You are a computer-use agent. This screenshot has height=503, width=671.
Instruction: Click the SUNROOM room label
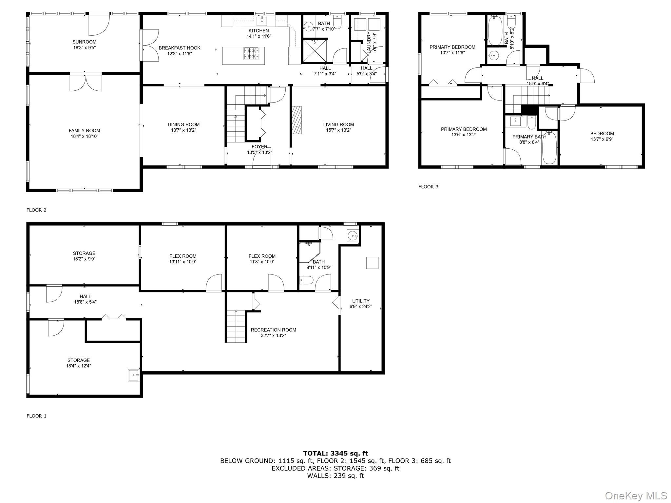click(84, 42)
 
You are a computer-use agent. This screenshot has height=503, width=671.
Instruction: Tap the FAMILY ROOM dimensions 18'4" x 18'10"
click(84, 136)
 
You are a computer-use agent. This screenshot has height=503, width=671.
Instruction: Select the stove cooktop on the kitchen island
click(251, 54)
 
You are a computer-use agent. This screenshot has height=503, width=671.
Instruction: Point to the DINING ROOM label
click(183, 124)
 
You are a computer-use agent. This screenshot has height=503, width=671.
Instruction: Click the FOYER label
click(259, 147)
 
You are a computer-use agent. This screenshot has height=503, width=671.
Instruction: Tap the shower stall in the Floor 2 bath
click(314, 51)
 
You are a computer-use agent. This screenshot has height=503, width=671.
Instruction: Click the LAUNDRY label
click(369, 42)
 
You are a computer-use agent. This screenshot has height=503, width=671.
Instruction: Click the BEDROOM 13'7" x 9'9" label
click(602, 134)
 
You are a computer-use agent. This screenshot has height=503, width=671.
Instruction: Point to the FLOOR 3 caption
click(428, 187)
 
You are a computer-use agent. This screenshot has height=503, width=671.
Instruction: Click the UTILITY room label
click(361, 301)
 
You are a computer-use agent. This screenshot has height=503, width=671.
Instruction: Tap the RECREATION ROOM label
click(273, 330)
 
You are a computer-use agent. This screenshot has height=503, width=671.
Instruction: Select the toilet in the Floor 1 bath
click(306, 280)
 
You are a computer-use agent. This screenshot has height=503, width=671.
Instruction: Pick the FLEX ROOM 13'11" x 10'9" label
click(183, 256)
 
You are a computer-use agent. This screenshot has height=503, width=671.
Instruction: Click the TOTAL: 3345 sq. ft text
click(335, 454)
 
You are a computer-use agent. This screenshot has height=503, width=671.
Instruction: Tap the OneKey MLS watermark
click(636, 495)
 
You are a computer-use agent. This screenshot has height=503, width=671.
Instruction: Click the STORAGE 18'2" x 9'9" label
click(84, 253)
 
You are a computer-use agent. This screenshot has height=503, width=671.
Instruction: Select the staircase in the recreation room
click(236, 326)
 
